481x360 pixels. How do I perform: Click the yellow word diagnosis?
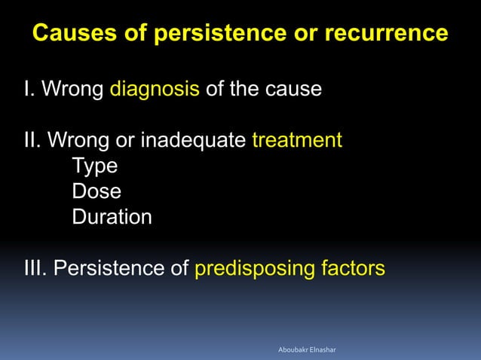(x=155, y=90)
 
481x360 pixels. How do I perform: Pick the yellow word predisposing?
(x=251, y=268)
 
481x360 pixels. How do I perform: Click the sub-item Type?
(x=94, y=166)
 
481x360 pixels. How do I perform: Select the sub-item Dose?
(x=97, y=191)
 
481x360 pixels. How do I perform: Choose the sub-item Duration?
(x=112, y=217)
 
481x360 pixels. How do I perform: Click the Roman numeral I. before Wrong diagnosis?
(x=29, y=90)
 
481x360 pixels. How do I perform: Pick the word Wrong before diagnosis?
(x=72, y=90)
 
